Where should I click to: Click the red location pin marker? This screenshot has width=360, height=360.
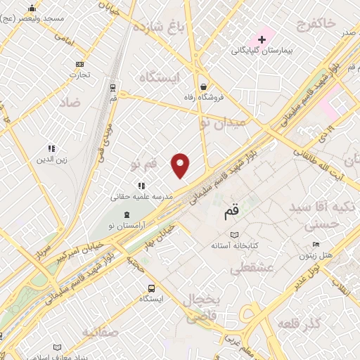pos(181,165)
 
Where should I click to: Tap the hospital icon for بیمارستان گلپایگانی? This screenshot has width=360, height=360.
pos(261,37)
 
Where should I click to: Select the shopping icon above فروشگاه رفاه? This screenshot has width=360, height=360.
pos(203,86)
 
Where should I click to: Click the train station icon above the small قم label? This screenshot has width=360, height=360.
pos(112,87)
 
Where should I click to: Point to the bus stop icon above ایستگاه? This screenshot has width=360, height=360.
pos(151,288)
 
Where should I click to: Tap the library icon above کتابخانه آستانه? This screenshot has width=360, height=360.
pos(234,235)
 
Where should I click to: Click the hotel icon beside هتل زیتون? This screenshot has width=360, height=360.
pos(316,245)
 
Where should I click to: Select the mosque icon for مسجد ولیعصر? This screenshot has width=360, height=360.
pos(31,9)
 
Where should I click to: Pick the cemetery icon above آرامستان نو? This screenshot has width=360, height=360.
pos(126,214)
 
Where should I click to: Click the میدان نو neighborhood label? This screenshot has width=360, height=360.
pos(223,122)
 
